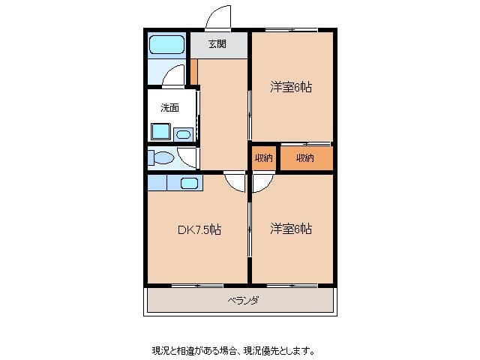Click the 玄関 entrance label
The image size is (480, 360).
pos(217,44)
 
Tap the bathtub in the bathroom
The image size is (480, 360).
pos(166,44)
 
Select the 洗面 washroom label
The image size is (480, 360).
pos(169,107)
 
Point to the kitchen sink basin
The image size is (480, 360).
pos(189,183)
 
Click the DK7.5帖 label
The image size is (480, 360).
pos(199,229)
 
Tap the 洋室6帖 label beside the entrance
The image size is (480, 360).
pos(291,87)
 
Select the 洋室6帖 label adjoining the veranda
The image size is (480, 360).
pos(291,229)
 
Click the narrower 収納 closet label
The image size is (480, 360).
pos(263,158)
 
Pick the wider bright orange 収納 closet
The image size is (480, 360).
pos(304,158)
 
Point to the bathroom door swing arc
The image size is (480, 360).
pos(173,75)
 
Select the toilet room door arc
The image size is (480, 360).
pos(187,157)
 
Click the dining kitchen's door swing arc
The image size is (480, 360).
pos(235,184)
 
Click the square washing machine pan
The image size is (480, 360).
pos(160,132)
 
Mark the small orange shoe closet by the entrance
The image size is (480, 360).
pos(193,72)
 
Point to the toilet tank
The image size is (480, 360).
pos(151,157)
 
